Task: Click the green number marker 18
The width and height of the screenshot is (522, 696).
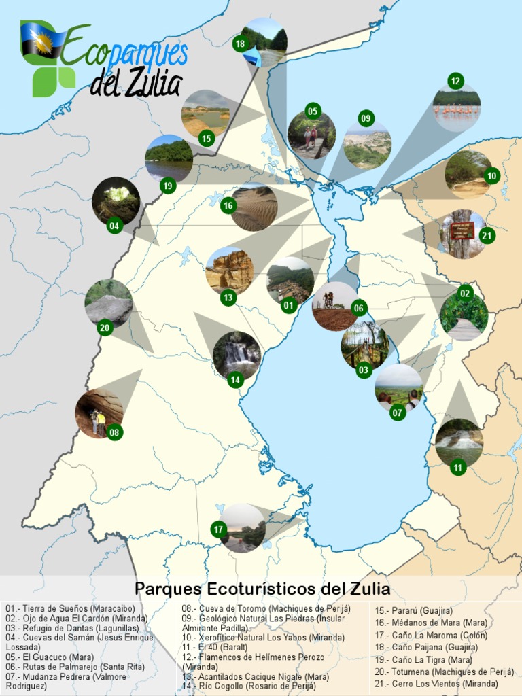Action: tap(240, 44)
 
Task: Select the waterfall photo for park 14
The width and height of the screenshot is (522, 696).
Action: tap(237, 353)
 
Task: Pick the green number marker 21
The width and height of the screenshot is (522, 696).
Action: tap(486, 236)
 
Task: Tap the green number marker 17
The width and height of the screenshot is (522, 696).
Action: tap(218, 529)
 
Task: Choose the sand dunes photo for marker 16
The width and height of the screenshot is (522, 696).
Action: tap(254, 208)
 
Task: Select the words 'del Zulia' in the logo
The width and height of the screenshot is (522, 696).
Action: tap(136, 83)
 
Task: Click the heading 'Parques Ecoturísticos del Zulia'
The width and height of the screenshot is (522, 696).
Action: tap(262, 588)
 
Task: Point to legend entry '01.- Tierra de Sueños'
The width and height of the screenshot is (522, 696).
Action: tap(70, 608)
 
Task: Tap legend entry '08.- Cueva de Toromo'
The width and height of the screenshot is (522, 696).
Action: tap(266, 608)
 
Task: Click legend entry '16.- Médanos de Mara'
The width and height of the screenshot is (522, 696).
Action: tap(432, 623)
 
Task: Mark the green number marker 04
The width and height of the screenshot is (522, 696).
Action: tap(114, 225)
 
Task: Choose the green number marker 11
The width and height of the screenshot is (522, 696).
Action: tap(458, 467)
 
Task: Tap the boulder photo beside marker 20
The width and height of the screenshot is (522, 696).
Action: tap(109, 302)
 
